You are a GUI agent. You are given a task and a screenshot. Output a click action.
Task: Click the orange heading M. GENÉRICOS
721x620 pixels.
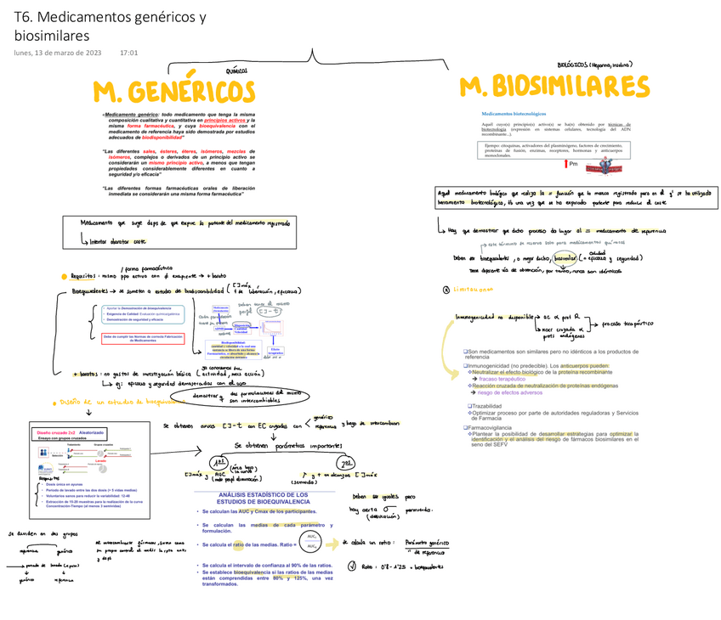(173, 92)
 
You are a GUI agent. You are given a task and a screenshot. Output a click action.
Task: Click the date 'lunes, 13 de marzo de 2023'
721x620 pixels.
(58, 53)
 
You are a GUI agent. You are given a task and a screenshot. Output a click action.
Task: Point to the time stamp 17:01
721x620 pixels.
(129, 53)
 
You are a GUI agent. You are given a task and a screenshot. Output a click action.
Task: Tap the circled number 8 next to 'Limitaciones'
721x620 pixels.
(446, 290)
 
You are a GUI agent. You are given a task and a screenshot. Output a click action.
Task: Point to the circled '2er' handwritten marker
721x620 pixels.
(347, 463)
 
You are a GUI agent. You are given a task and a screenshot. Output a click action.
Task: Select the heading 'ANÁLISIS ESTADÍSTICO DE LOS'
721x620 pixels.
(263, 494)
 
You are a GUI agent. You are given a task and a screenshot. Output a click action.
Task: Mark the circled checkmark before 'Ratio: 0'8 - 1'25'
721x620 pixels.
(351, 568)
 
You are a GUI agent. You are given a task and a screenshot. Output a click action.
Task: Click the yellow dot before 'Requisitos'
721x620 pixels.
(64, 276)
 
